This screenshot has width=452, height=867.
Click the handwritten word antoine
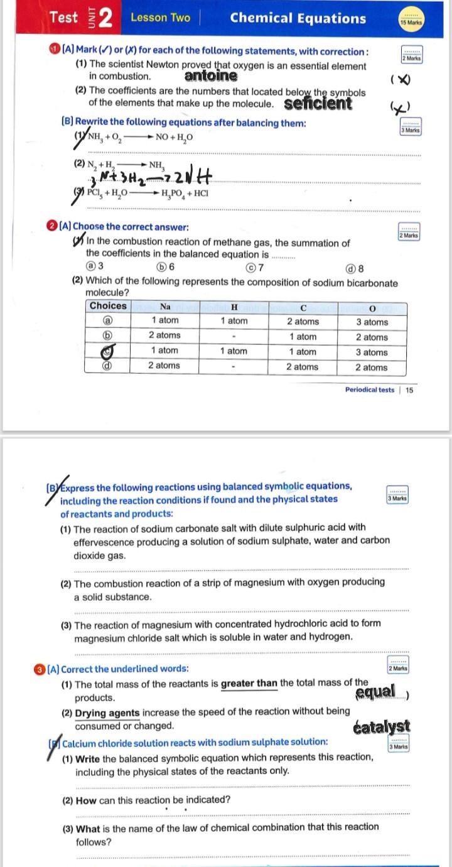(211, 77)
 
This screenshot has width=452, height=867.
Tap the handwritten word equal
(375, 692)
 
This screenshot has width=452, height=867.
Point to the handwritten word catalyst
(382, 727)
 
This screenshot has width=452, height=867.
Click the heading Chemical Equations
(298, 18)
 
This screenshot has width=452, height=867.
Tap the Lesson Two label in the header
(160, 18)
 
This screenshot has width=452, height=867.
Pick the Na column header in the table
(165, 307)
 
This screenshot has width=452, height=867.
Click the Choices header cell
(108, 306)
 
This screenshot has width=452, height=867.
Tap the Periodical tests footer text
(370, 390)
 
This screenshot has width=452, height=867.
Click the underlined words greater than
(249, 684)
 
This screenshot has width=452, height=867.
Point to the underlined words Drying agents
(107, 712)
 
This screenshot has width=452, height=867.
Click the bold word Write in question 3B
(88, 757)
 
